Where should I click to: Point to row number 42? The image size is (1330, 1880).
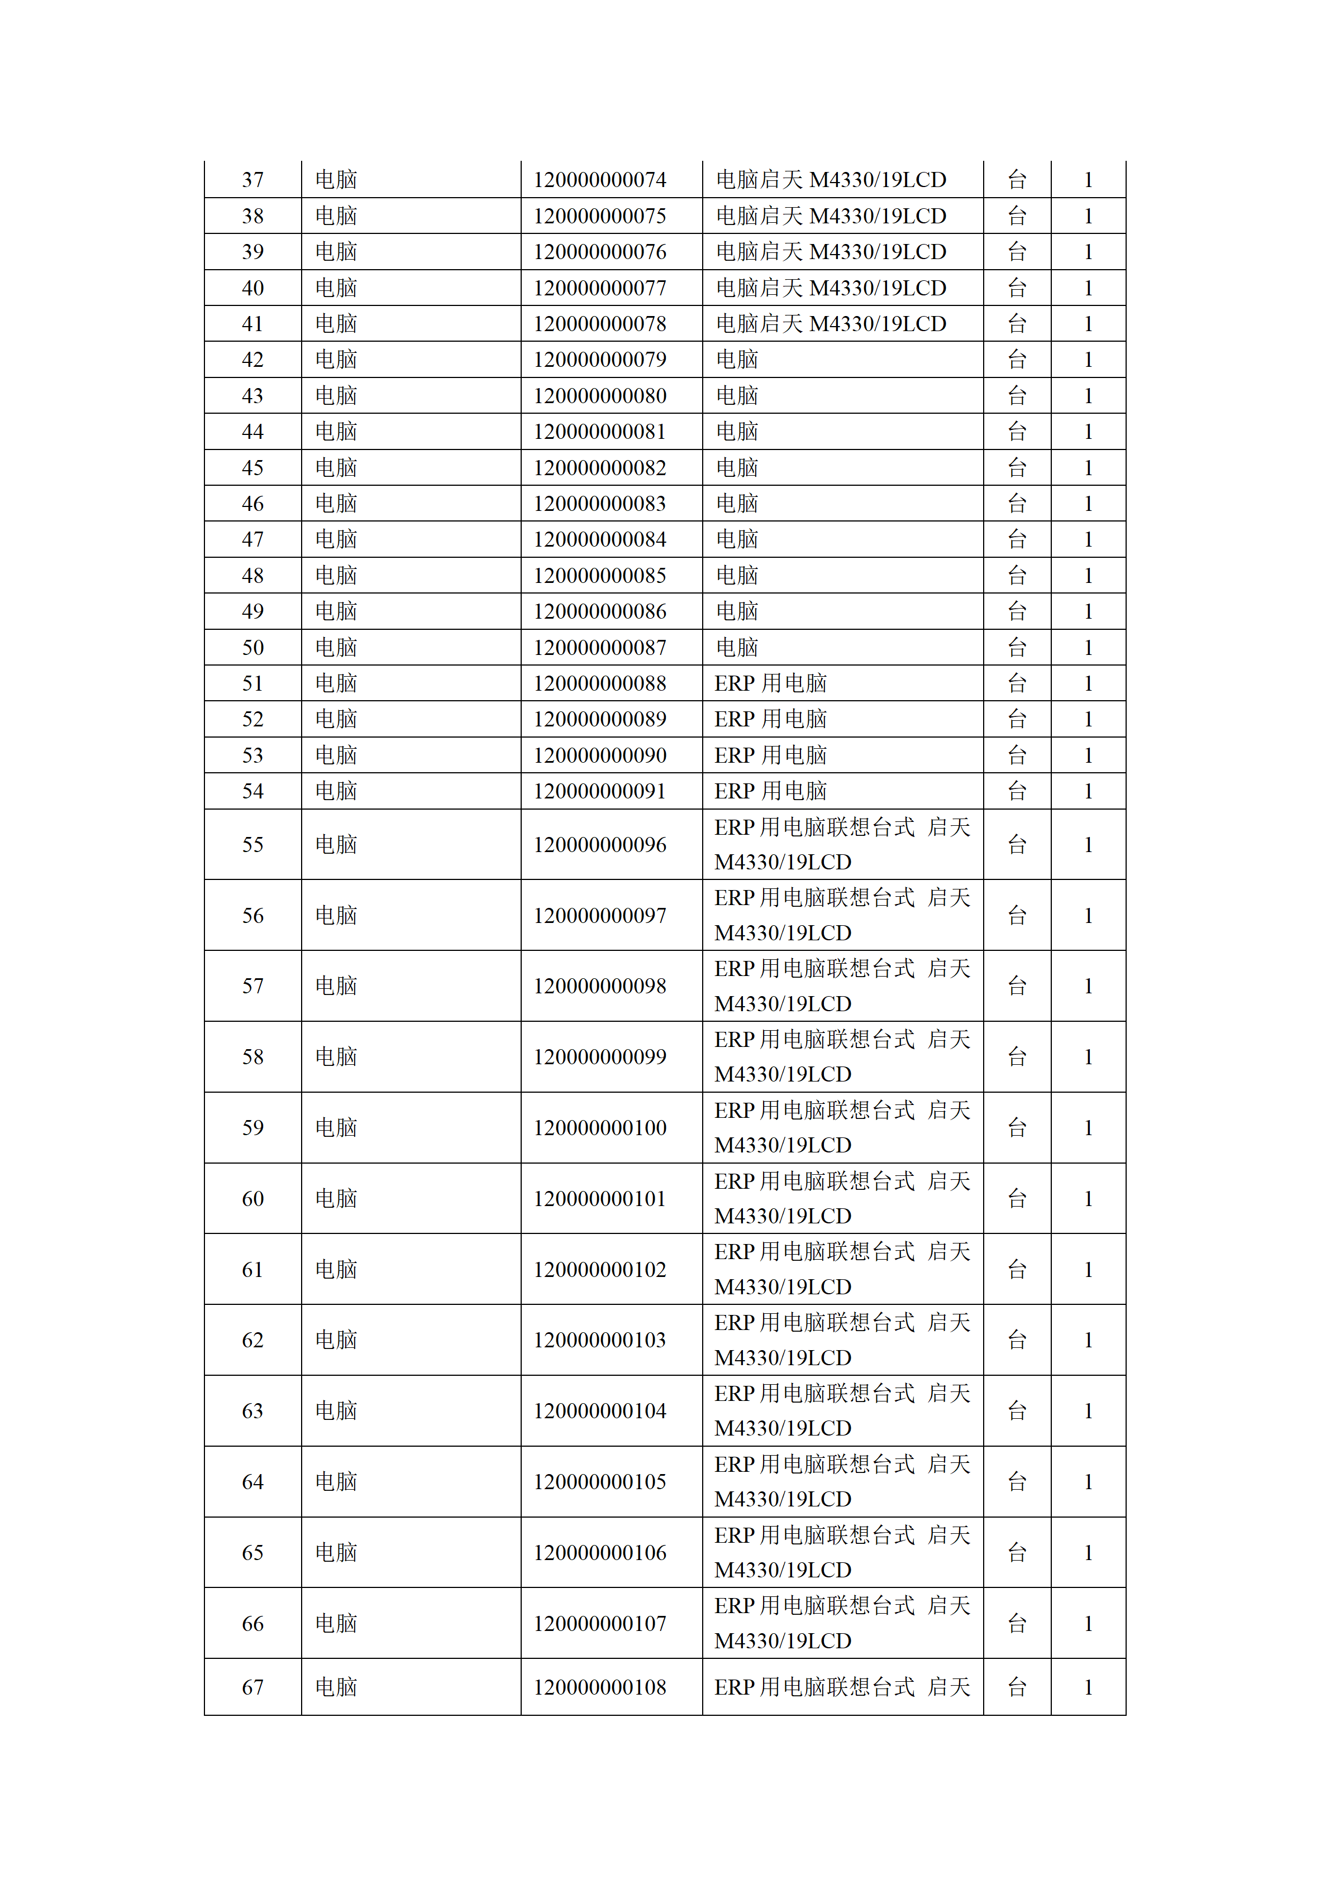coord(252,360)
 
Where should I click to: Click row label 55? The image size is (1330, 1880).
coord(252,845)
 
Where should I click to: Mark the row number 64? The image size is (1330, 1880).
coord(252,1482)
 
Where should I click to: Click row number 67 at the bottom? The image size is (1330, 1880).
coord(252,1687)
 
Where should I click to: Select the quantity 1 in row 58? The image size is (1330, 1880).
coord(1088,1057)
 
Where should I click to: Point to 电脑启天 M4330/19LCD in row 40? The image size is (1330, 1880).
coord(831,288)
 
